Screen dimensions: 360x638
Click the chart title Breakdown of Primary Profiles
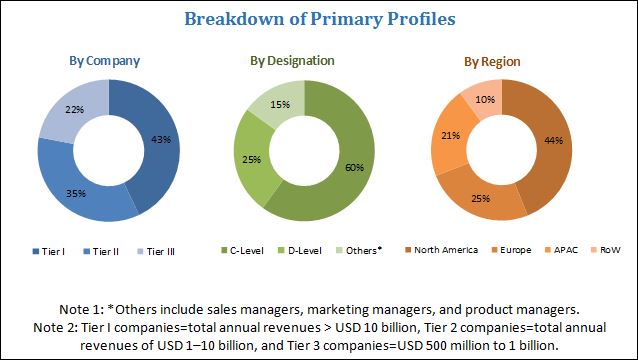pos(318,20)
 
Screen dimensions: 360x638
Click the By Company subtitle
pos(104,60)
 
